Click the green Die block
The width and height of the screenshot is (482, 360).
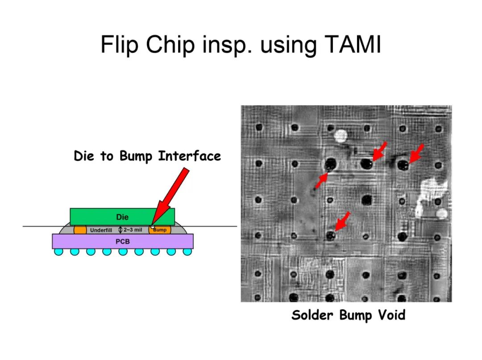[x=122, y=217]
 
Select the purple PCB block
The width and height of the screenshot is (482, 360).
[x=123, y=241]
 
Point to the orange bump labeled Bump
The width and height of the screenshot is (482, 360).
[x=160, y=230]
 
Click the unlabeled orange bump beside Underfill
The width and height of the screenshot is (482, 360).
[x=80, y=230]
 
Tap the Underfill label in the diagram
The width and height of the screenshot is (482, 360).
[x=101, y=230]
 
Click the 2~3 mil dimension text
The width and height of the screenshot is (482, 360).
[x=133, y=230]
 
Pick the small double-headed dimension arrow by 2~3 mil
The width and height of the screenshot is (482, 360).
[x=120, y=230]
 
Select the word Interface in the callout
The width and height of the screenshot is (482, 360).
[x=189, y=156]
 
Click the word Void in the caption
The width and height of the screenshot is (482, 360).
[x=392, y=315]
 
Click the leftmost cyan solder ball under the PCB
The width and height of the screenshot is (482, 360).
[x=59, y=252]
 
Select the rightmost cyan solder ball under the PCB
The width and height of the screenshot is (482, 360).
[x=187, y=252]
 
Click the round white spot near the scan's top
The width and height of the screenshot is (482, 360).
[x=340, y=136]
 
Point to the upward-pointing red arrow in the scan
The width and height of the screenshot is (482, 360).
[x=321, y=180]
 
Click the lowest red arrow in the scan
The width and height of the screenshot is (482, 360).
[x=342, y=221]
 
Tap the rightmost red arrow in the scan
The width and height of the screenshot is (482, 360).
[x=417, y=153]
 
